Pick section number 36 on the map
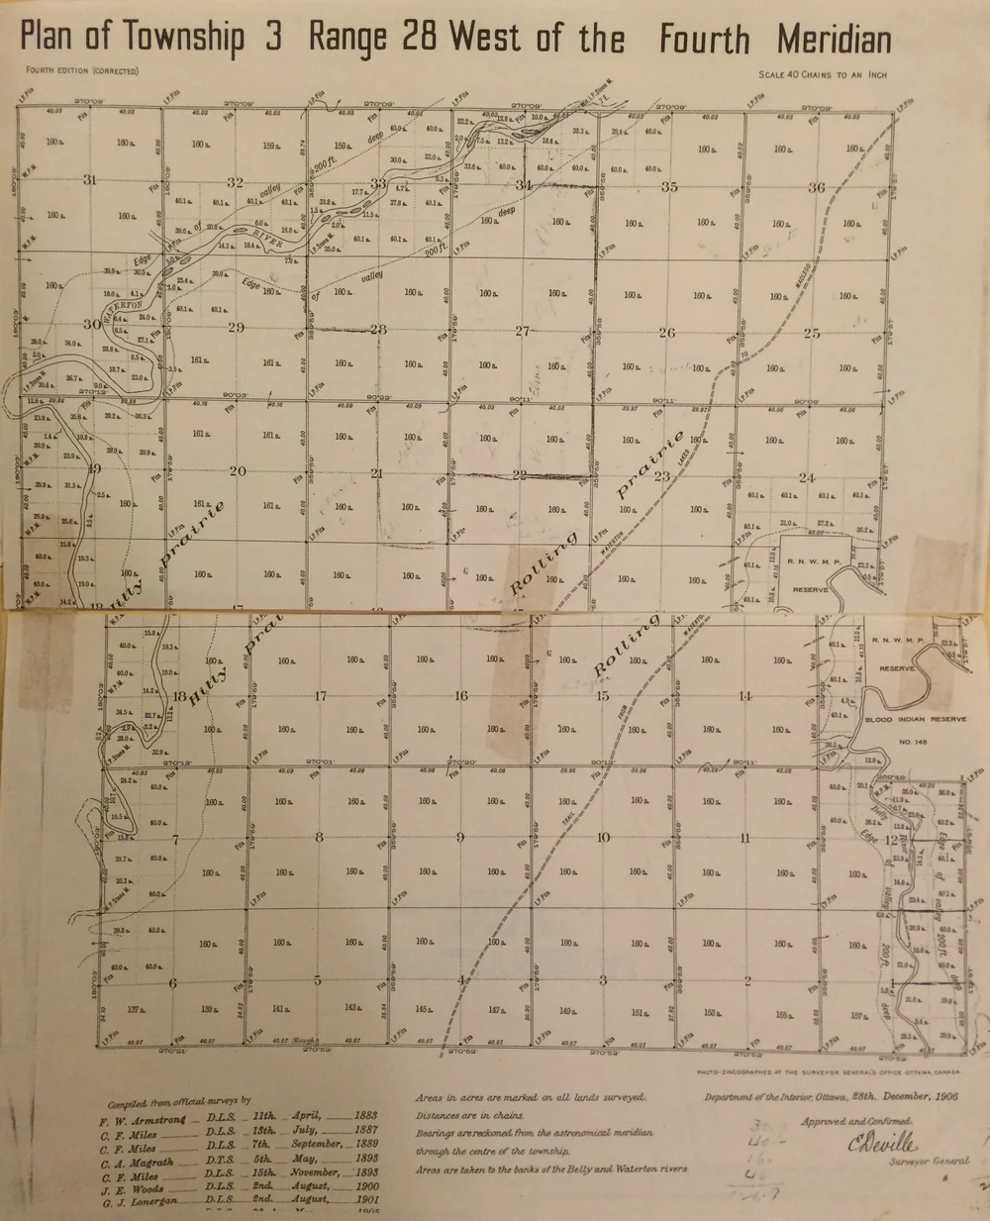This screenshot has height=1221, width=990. point(817,187)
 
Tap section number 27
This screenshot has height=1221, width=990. point(523,331)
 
